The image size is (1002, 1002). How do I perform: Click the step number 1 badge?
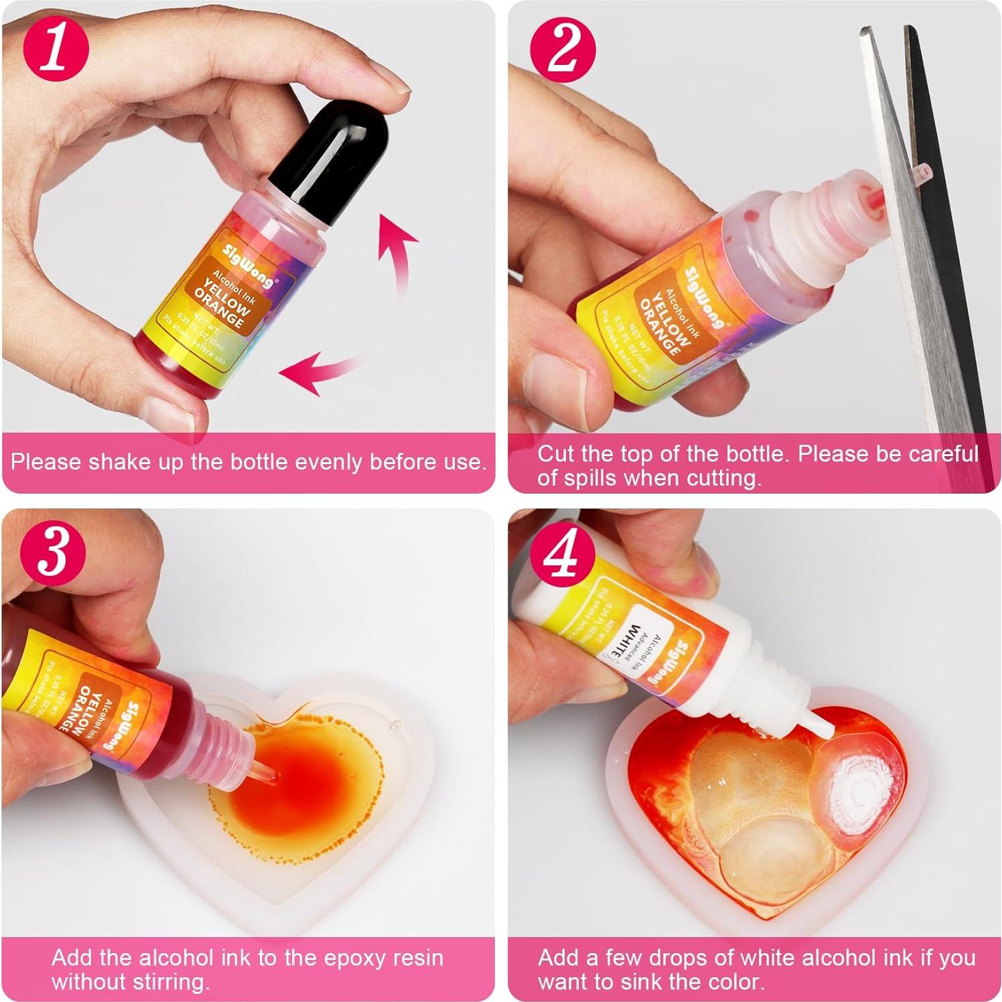56,50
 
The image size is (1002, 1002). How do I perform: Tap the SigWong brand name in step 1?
248,265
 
